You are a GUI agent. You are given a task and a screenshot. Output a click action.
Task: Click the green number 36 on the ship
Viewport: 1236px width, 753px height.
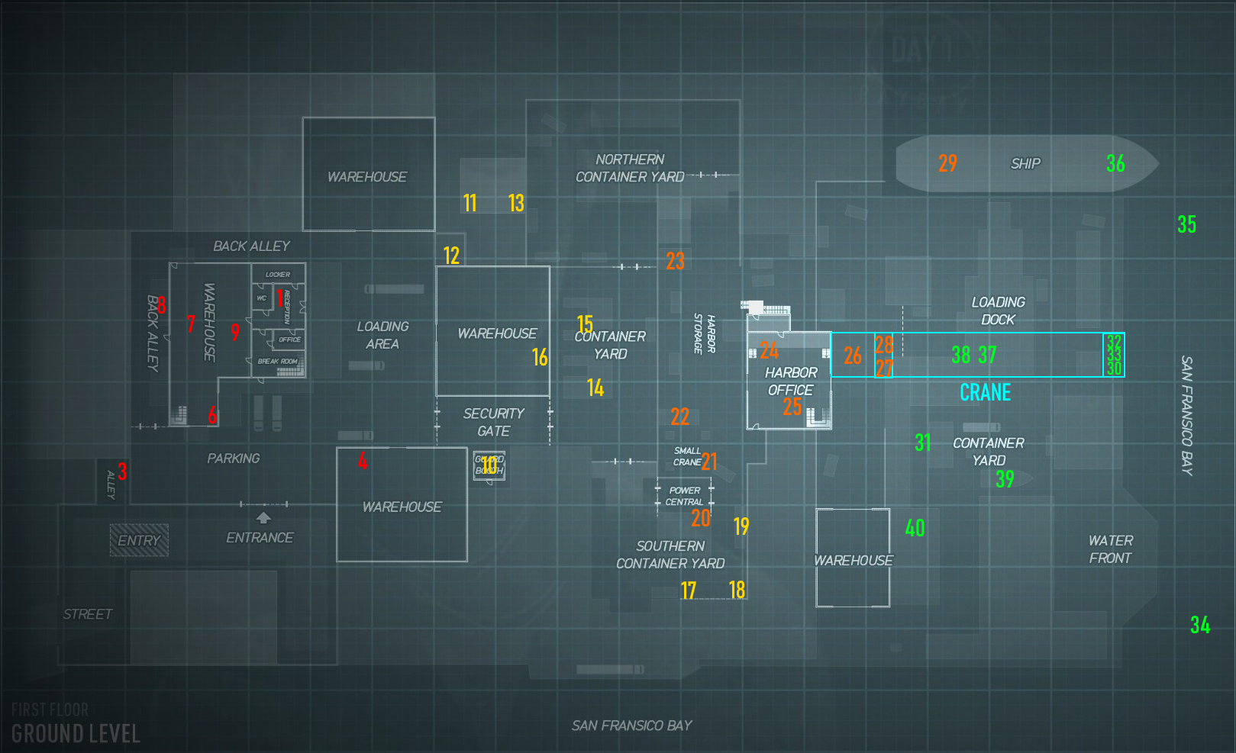tap(1115, 163)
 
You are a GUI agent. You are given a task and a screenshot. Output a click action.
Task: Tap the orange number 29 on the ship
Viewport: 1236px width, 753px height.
tap(947, 163)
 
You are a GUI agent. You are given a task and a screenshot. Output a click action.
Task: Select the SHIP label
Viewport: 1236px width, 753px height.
tap(1025, 164)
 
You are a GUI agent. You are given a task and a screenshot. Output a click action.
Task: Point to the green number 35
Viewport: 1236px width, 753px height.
tap(1186, 224)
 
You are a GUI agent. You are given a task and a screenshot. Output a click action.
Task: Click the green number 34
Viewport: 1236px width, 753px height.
tap(1200, 626)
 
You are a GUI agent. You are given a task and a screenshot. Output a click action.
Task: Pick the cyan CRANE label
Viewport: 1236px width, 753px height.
tap(985, 392)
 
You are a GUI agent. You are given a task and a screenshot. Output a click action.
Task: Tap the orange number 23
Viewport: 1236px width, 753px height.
tap(675, 261)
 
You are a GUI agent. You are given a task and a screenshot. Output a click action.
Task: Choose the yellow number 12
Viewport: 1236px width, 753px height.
tap(451, 256)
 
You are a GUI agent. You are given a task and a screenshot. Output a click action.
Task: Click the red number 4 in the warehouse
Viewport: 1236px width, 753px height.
tap(363, 460)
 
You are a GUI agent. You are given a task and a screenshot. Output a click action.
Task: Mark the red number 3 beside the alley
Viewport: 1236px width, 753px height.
tap(122, 471)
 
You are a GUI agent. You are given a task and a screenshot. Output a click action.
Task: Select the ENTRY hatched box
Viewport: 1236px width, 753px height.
tap(139, 540)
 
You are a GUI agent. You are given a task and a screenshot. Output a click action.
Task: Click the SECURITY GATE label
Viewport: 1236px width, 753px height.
tap(494, 422)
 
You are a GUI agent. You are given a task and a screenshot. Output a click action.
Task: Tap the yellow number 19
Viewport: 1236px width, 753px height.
tap(741, 526)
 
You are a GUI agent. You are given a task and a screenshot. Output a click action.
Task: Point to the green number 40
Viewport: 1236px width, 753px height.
tap(915, 528)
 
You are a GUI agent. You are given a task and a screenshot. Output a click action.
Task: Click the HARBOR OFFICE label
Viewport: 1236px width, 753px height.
tap(791, 381)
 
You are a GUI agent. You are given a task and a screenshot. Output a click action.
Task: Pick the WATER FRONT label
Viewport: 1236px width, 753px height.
tap(1111, 549)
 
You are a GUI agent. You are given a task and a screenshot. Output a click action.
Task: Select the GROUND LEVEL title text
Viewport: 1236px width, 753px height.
tap(76, 734)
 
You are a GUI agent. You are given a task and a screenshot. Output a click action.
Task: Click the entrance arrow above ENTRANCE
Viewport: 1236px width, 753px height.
tap(263, 518)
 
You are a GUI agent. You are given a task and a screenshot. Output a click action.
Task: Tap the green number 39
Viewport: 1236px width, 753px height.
tap(1005, 479)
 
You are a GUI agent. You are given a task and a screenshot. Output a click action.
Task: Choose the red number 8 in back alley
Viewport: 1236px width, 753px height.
tap(161, 305)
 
